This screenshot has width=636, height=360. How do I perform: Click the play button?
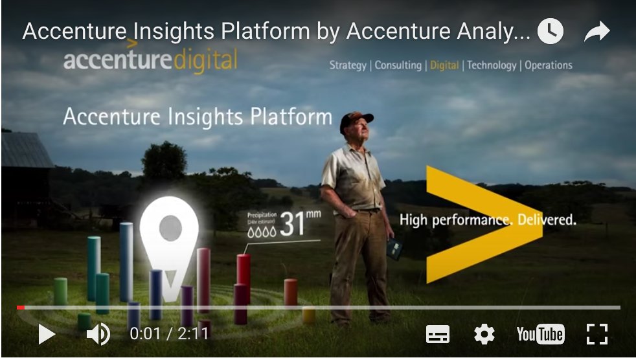[47, 334]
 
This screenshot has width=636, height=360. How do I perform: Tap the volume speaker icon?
[98, 334]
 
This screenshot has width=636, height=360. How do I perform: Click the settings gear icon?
[484, 334]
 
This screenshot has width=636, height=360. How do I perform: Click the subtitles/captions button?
[438, 334]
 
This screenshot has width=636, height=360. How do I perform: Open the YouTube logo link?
[540, 334]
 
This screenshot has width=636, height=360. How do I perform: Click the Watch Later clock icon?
[551, 32]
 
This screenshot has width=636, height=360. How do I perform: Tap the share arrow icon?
[596, 32]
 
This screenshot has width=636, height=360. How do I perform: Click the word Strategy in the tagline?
[348, 65]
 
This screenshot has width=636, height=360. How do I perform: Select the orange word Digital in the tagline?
[444, 65]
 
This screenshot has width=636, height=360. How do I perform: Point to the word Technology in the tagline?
[492, 65]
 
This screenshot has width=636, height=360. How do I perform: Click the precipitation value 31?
[292, 223]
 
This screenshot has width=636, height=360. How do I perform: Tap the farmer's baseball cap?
[356, 118]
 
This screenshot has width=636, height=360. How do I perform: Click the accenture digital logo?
[150, 60]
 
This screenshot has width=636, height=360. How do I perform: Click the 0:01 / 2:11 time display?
[169, 334]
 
